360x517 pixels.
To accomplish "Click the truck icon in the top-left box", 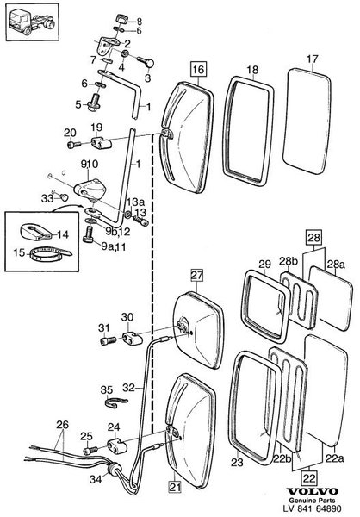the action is [32, 22].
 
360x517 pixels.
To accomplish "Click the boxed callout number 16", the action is [198, 70].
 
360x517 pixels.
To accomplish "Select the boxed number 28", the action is [313, 237].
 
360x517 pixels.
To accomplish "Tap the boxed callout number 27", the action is [197, 276].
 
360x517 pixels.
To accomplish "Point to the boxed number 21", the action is [175, 487].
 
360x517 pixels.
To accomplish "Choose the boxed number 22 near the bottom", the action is [309, 477].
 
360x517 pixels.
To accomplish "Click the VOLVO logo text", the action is [312, 491].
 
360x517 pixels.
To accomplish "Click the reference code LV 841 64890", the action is [313, 508].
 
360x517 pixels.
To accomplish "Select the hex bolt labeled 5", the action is [94, 103].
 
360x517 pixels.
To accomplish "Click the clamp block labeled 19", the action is [102, 143].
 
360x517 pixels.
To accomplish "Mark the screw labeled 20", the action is [73, 145].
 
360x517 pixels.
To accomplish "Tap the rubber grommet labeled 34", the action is [114, 469].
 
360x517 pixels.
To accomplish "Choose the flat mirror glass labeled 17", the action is [307, 121].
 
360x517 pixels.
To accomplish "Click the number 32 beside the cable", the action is [129, 388].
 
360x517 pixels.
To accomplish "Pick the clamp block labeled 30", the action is [132, 338].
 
